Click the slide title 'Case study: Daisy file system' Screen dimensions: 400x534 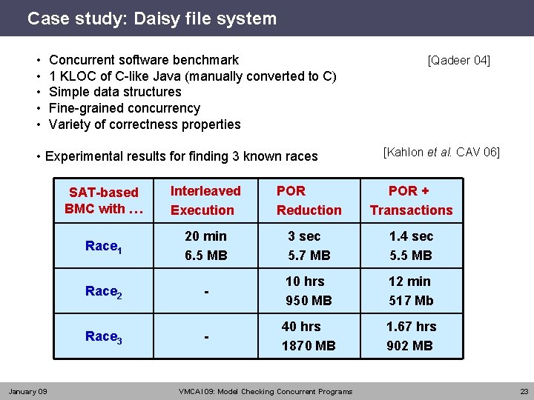(151, 19)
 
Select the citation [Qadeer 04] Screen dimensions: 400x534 (458, 61)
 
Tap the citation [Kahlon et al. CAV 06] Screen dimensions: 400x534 (441, 153)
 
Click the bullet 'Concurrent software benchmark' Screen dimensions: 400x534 (143, 60)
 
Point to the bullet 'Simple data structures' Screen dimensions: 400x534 (115, 92)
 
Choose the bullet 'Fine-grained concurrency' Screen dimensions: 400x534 (124, 108)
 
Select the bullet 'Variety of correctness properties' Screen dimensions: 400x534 (145, 124)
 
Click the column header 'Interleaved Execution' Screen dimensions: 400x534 (205, 201)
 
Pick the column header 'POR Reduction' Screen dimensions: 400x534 (309, 201)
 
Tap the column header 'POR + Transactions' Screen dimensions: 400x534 (411, 201)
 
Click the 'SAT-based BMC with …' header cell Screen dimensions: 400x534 (104, 201)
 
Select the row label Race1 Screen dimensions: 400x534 (104, 247)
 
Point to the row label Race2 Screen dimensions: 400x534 (104, 292)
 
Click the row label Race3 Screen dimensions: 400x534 (104, 337)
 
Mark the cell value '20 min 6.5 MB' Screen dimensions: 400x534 (205, 246)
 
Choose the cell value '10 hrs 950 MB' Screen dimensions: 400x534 (309, 291)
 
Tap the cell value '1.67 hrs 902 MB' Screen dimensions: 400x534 (411, 336)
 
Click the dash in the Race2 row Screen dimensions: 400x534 (206, 293)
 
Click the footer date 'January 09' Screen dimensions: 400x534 (27, 391)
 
